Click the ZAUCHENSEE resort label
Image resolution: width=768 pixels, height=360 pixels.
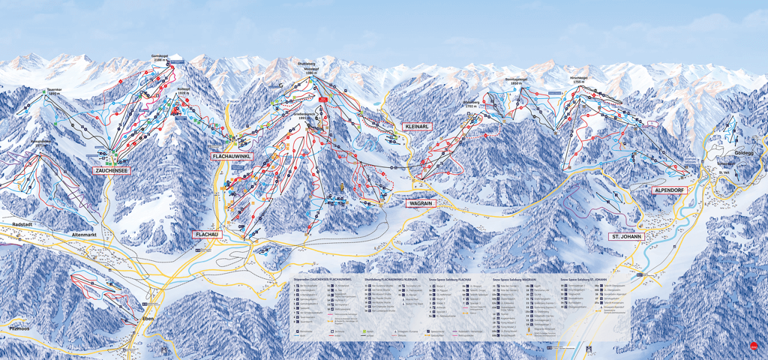(x=112, y=171)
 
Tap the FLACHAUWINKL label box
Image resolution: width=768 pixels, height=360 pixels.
(x=232, y=156)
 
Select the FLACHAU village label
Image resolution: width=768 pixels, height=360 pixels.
(x=208, y=235)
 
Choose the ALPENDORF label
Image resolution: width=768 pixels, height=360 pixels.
(x=670, y=190)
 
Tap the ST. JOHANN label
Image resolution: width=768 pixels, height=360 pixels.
(x=626, y=236)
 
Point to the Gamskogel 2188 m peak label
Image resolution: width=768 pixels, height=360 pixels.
(x=159, y=58)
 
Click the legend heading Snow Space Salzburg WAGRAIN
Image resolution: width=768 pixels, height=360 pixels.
(x=514, y=278)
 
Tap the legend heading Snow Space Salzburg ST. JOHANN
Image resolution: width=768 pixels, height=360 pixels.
(x=586, y=278)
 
